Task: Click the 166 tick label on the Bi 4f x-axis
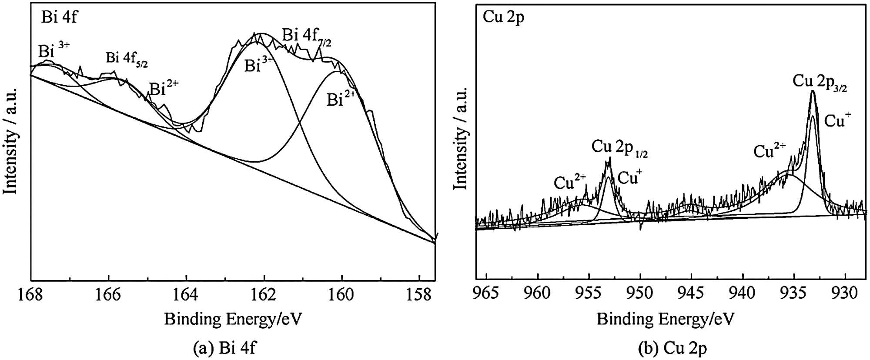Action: click(108, 294)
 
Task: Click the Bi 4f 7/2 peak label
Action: click(307, 37)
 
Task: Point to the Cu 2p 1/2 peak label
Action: click(619, 148)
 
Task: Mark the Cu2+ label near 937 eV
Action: click(769, 150)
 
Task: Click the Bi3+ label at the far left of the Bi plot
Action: click(53, 50)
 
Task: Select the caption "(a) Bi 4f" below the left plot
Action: click(225, 348)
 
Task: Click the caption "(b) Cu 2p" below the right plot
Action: click(673, 348)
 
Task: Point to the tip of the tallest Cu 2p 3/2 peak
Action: click(813, 91)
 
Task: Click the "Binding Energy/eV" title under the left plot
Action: click(233, 319)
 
